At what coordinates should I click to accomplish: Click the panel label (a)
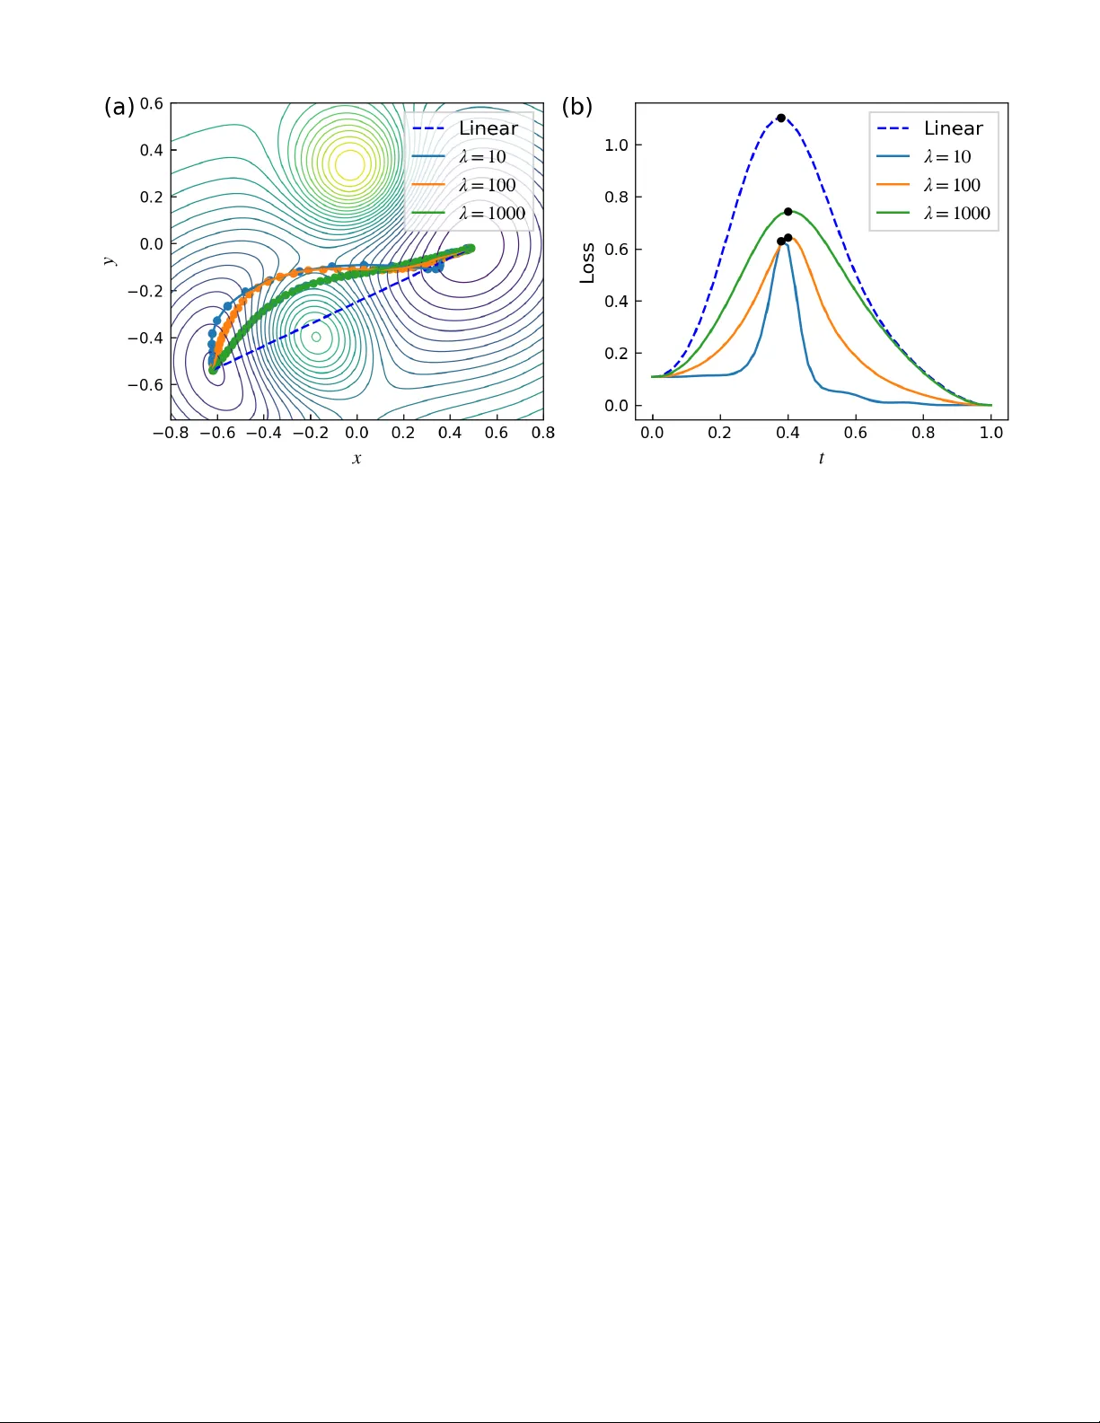coord(119,107)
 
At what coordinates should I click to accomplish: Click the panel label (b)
coord(576,107)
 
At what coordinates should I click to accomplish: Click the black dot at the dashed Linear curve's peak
coord(780,118)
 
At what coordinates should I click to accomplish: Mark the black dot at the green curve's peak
coord(788,212)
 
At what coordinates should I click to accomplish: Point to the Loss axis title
coord(587,263)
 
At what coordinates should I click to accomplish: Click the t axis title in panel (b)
coord(821,458)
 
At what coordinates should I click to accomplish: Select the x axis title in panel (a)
coord(356,458)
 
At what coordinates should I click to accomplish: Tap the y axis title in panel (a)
coord(110,260)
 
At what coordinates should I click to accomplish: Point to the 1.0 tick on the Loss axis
coord(616,145)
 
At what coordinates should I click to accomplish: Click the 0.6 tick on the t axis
coord(855,433)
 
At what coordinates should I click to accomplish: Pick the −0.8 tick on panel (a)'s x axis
coord(171,433)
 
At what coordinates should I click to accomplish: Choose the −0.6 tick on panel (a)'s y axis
coord(145,384)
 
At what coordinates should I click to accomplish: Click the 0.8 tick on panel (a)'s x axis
coord(543,433)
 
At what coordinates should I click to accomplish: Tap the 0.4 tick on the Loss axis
coord(616,301)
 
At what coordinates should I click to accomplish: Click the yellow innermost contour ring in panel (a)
coord(349,164)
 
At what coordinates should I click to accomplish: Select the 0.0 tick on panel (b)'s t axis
coord(652,433)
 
